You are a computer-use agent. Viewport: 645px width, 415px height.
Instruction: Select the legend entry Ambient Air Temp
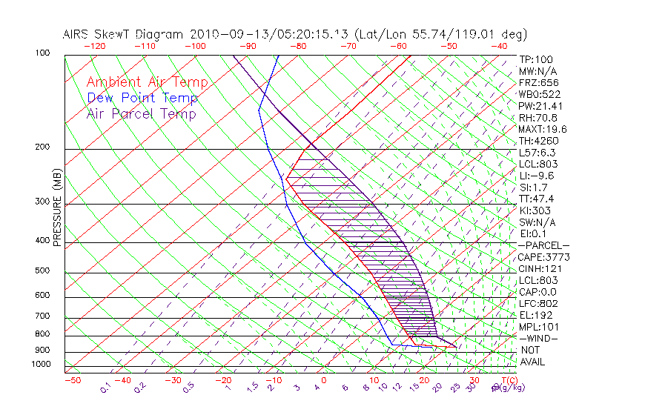tap(147, 82)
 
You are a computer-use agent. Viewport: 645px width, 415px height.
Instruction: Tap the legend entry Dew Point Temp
tap(142, 98)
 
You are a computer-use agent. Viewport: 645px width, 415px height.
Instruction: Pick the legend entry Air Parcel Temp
tap(142, 113)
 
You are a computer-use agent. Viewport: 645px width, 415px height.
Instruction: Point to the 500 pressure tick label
tap(42, 271)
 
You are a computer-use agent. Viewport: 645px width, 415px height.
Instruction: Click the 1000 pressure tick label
tap(41, 365)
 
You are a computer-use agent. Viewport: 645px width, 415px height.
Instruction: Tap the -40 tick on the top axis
tap(500, 46)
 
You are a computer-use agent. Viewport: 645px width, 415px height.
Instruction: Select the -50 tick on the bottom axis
tap(72, 380)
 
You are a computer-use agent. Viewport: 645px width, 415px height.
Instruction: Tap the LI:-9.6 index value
tap(536, 176)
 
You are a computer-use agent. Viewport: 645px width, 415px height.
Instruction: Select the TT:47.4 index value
tap(537, 199)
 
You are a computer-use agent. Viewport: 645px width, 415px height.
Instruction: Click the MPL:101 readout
tap(537, 327)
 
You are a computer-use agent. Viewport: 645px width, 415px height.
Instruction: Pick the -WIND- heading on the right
tap(539, 338)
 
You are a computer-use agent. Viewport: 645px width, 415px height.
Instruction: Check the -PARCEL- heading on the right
tap(544, 245)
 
